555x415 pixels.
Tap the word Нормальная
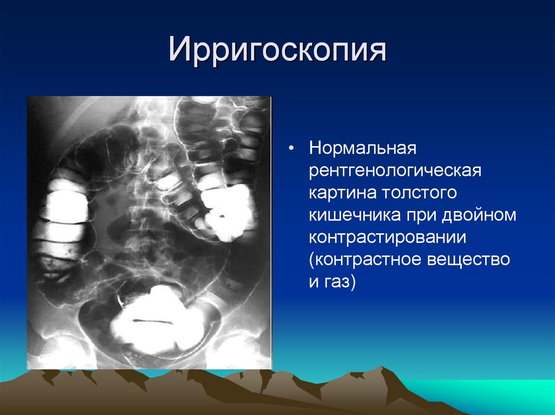point(363,148)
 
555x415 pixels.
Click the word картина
point(342,193)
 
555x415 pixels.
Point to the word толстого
point(419,193)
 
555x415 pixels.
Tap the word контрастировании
point(387,238)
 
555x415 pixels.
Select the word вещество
point(468,260)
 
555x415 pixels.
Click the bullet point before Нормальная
point(291,149)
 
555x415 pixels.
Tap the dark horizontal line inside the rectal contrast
point(152,322)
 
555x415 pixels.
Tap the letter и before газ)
point(314,282)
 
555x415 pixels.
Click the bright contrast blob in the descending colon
point(227,212)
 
